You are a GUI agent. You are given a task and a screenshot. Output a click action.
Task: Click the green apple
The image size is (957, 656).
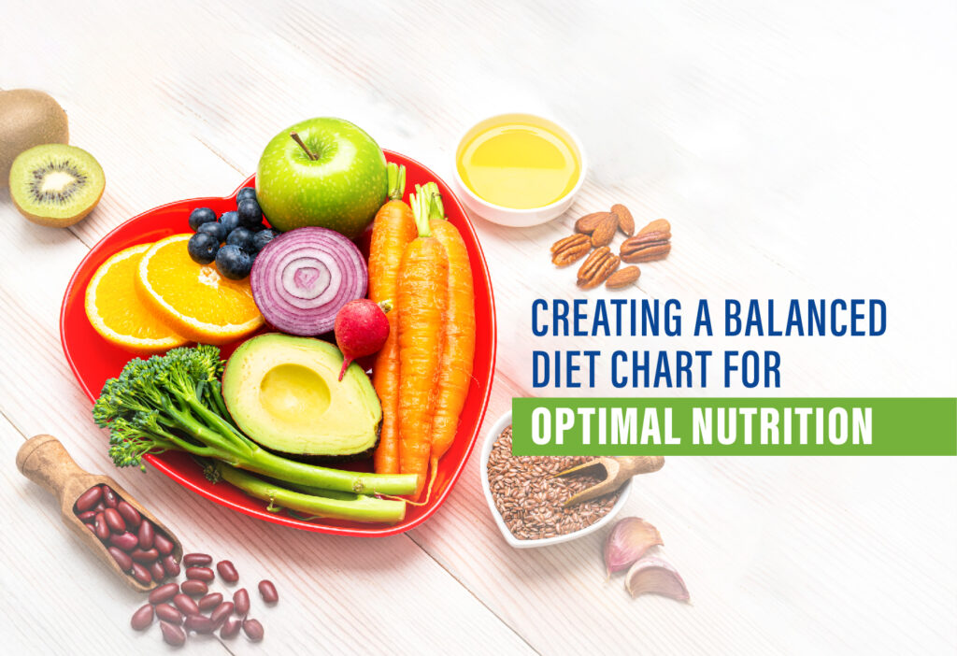(321, 177)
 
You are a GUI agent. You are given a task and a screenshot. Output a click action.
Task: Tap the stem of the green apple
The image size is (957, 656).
(304, 146)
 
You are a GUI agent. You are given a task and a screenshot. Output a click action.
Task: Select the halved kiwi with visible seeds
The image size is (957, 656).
(57, 185)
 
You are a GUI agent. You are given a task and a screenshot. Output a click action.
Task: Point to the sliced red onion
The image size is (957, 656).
(308, 280)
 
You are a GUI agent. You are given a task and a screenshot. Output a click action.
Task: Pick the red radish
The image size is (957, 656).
(362, 330)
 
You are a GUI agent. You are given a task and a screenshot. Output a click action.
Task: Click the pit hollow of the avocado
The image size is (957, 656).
(294, 393)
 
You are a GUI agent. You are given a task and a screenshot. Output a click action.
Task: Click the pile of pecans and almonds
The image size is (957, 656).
(611, 246)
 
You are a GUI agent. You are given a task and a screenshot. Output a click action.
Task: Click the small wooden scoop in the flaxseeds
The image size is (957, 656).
(610, 476)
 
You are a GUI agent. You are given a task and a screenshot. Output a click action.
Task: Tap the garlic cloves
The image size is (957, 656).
(645, 558)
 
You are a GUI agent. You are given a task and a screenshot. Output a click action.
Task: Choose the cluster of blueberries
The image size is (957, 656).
(231, 233)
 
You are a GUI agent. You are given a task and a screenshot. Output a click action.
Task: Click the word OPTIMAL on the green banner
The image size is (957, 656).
(606, 426)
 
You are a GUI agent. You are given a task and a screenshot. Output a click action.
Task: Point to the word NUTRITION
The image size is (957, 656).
(782, 426)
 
